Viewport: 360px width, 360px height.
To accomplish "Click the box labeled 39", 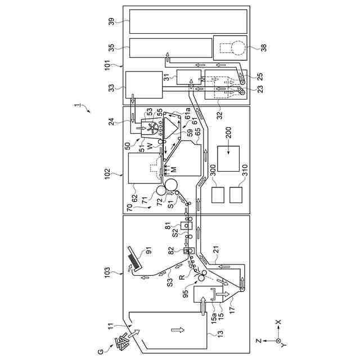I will tap(188, 21).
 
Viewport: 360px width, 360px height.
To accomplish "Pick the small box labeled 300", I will tap(219, 195).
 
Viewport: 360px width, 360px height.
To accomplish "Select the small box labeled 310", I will tap(236, 195).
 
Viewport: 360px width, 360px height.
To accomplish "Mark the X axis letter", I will tap(278, 323).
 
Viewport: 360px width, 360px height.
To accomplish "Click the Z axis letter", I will tap(258, 341).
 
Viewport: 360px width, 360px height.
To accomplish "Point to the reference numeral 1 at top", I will tap(78, 105).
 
